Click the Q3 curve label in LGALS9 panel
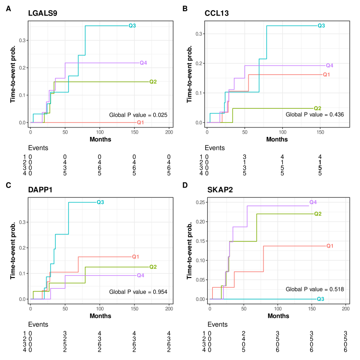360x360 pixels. [x=132, y=25]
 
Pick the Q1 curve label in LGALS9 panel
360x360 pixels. [x=140, y=122]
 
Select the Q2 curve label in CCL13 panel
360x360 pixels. [x=317, y=108]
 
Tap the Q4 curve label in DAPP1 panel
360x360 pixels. [x=140, y=275]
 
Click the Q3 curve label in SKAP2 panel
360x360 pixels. [x=321, y=299]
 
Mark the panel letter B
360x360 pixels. [x=185, y=8]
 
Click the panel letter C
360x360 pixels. [x=8, y=185]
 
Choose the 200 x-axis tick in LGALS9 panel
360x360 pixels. [x=169, y=132]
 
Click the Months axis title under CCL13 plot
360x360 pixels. [x=277, y=139]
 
